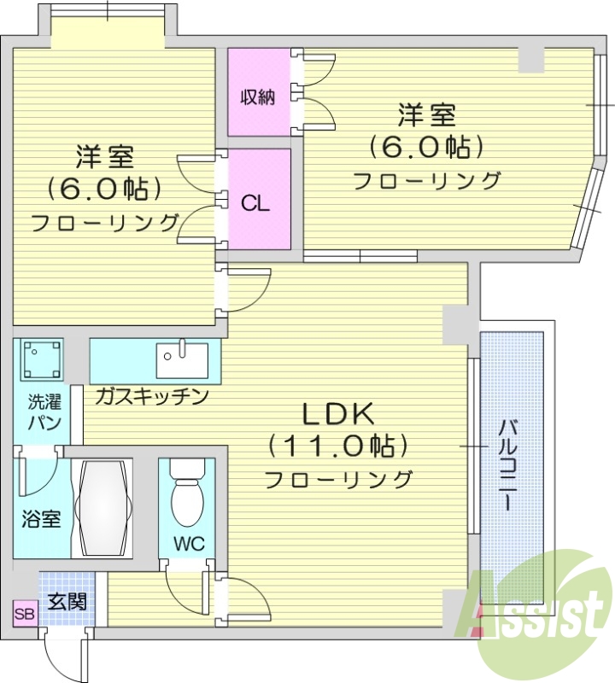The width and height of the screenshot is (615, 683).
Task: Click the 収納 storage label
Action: pyautogui.click(x=256, y=96)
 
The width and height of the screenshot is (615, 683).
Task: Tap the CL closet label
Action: pyautogui.click(x=255, y=203)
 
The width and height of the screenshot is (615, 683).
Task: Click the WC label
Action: pyautogui.click(x=189, y=544)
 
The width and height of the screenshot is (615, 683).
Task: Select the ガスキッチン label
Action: pyautogui.click(x=152, y=396)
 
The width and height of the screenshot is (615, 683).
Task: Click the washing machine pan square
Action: pyautogui.click(x=42, y=359)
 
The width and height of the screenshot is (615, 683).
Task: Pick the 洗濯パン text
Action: pyautogui.click(x=41, y=412)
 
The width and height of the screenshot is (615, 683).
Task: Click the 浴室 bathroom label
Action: pyautogui.click(x=41, y=518)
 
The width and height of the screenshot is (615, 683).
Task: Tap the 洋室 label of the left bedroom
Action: pyautogui.click(x=104, y=158)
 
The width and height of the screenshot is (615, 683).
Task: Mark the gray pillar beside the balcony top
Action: pyautogui.click(x=454, y=324)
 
